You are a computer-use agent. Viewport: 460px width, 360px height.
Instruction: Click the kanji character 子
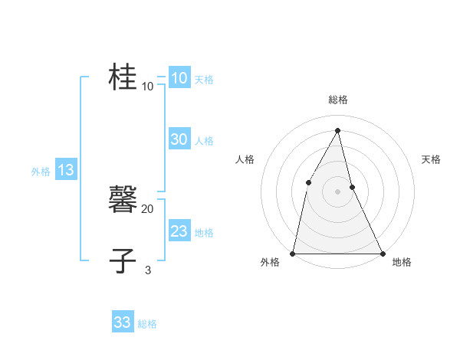pos(123,260)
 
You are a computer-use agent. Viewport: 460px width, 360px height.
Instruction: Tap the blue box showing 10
pos(179,78)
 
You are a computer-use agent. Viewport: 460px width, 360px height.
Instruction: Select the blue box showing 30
pos(179,139)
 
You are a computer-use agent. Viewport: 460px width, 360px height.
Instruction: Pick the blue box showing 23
pos(179,231)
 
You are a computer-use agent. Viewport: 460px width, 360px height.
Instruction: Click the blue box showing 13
pos(65,170)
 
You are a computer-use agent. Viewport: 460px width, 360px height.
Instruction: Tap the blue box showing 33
pos(122,322)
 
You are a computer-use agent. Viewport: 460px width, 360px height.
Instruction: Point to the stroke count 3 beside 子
pos(148,270)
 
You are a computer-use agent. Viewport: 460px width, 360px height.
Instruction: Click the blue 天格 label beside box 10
pos(204,80)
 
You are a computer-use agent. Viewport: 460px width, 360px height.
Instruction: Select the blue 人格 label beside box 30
pos(204,141)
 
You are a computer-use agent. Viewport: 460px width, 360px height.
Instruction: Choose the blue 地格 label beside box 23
pos(204,233)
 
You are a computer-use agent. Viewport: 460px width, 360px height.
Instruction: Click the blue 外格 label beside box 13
pos(41,172)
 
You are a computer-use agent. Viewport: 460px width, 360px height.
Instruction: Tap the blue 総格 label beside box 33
pos(147,324)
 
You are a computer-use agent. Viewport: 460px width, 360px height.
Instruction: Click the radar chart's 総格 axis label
pos(337,100)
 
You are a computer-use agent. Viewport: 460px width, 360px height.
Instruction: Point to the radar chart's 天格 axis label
pos(431,159)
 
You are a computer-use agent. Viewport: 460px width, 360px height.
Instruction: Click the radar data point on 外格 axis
pos(293,253)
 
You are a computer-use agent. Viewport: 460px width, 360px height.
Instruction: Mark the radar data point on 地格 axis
pos(382,253)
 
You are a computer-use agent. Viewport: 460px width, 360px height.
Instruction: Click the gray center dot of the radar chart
pos(337,191)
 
